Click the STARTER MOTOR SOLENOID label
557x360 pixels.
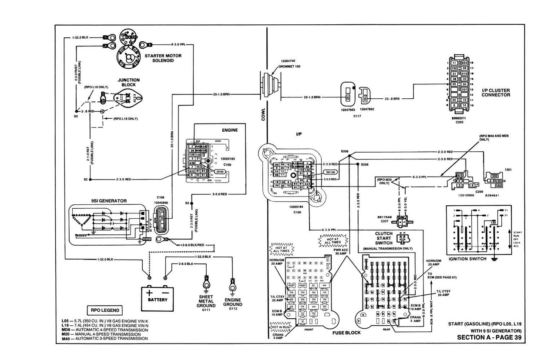163,58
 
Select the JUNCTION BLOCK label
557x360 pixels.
129,83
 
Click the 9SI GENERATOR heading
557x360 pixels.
109,201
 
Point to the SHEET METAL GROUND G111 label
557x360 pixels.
205,302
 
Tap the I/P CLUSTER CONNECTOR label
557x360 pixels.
496,93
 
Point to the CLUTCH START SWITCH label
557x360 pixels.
384,238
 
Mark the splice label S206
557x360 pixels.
345,151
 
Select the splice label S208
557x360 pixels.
364,165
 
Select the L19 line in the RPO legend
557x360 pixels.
105,325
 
